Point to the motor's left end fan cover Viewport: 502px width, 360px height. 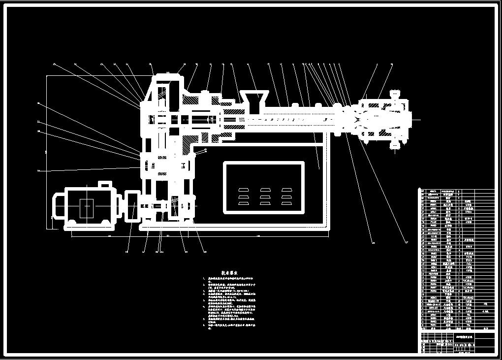click(x=59, y=207)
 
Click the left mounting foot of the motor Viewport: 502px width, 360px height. click(x=72, y=224)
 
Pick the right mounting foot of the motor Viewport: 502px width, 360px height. click(x=104, y=224)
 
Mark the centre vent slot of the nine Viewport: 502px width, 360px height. click(x=265, y=196)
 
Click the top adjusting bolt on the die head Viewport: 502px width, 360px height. click(x=395, y=94)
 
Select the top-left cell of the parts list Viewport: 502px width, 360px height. click(x=421, y=191)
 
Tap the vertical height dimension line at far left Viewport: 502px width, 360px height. click(x=47, y=150)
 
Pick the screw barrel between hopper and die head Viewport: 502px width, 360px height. click(x=295, y=119)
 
